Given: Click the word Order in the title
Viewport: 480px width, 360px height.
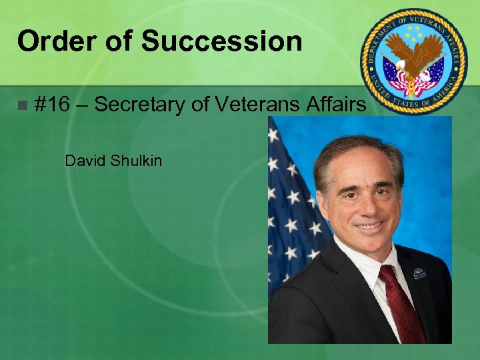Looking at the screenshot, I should (56, 41).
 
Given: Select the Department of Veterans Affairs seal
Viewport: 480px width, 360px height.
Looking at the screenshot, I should (413, 61).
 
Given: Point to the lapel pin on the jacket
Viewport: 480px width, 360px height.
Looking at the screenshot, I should (419, 273).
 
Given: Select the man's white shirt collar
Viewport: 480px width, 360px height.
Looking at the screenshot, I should (363, 263).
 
